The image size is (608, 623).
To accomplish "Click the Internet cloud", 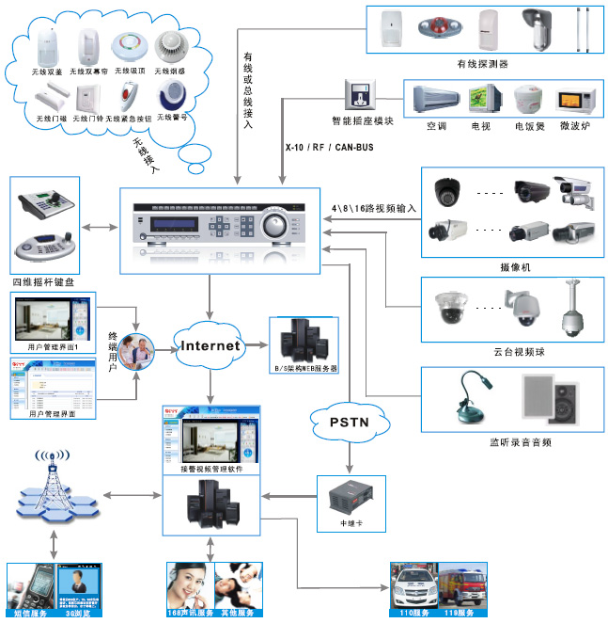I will (x=210, y=345).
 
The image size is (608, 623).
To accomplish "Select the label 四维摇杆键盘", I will (x=41, y=281).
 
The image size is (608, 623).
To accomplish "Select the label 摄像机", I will (x=515, y=268).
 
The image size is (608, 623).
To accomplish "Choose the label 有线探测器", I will (x=482, y=64).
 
